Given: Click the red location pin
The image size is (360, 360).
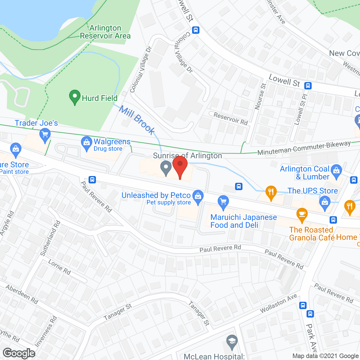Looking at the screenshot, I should coord(180,166).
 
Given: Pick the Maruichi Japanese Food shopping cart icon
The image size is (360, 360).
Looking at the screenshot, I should coord(223,202).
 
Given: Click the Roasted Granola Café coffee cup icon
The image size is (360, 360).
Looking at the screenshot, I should coord(302,215).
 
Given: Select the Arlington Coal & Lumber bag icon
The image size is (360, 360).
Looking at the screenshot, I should coord(336,171).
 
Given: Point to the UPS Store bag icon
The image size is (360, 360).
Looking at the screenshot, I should coord(325,203).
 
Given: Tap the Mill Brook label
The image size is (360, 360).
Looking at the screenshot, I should coord(137,120).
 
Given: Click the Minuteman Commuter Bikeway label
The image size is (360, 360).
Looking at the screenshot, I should coord(304,148).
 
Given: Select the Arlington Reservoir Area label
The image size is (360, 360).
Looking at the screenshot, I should coord(105,32).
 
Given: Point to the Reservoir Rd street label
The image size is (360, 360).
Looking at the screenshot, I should coord(231,118).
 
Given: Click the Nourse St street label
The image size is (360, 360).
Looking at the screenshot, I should coord(260,96).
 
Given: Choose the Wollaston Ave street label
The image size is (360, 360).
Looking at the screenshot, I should coord(278,303).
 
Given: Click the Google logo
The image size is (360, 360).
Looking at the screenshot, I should coord(19,353).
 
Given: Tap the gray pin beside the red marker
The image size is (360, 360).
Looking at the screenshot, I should coord(166,168).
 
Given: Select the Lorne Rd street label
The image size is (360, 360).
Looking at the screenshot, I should coord(59,267).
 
